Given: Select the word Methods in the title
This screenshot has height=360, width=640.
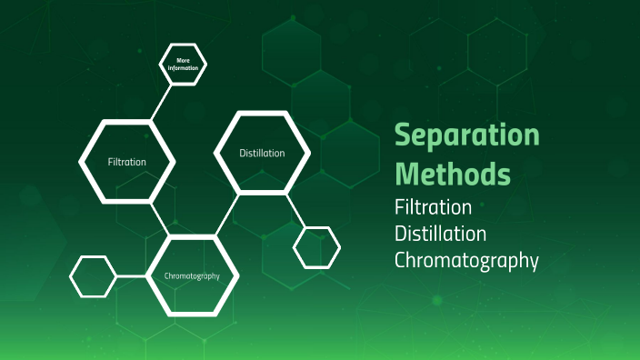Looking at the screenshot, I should pos(452,172).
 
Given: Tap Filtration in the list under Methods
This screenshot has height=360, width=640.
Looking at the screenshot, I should pos(433,206).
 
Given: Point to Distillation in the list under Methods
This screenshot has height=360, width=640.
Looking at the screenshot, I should pos(440,234).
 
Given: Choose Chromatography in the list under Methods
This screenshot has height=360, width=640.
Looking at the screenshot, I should pos(466,261).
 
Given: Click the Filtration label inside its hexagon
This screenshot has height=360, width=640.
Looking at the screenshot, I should pos(126,161).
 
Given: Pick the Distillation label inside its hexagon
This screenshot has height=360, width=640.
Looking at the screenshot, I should pos(262,153).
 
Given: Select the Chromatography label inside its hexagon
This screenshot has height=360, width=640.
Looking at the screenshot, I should pos(192,275).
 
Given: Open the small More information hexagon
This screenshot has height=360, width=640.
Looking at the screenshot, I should pos(184,65).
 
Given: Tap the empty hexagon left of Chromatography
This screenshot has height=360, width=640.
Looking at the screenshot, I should pos(94,276).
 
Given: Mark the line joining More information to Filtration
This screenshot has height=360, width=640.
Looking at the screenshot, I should pos(162,102).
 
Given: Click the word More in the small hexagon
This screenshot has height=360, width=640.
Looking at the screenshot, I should pos(184,60).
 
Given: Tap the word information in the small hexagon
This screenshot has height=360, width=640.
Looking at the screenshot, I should pos(184,68).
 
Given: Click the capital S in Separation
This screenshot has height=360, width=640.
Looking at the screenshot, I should pos(405,136).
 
